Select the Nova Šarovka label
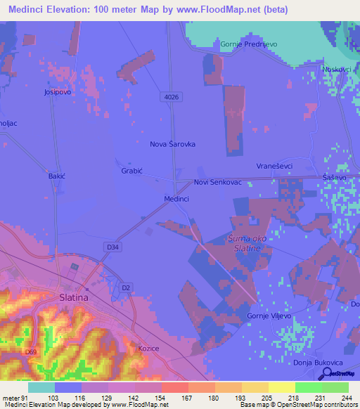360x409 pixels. point(172,143)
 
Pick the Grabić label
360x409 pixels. point(131,171)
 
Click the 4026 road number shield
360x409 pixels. point(170,95)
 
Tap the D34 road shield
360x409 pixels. point(112,247)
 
